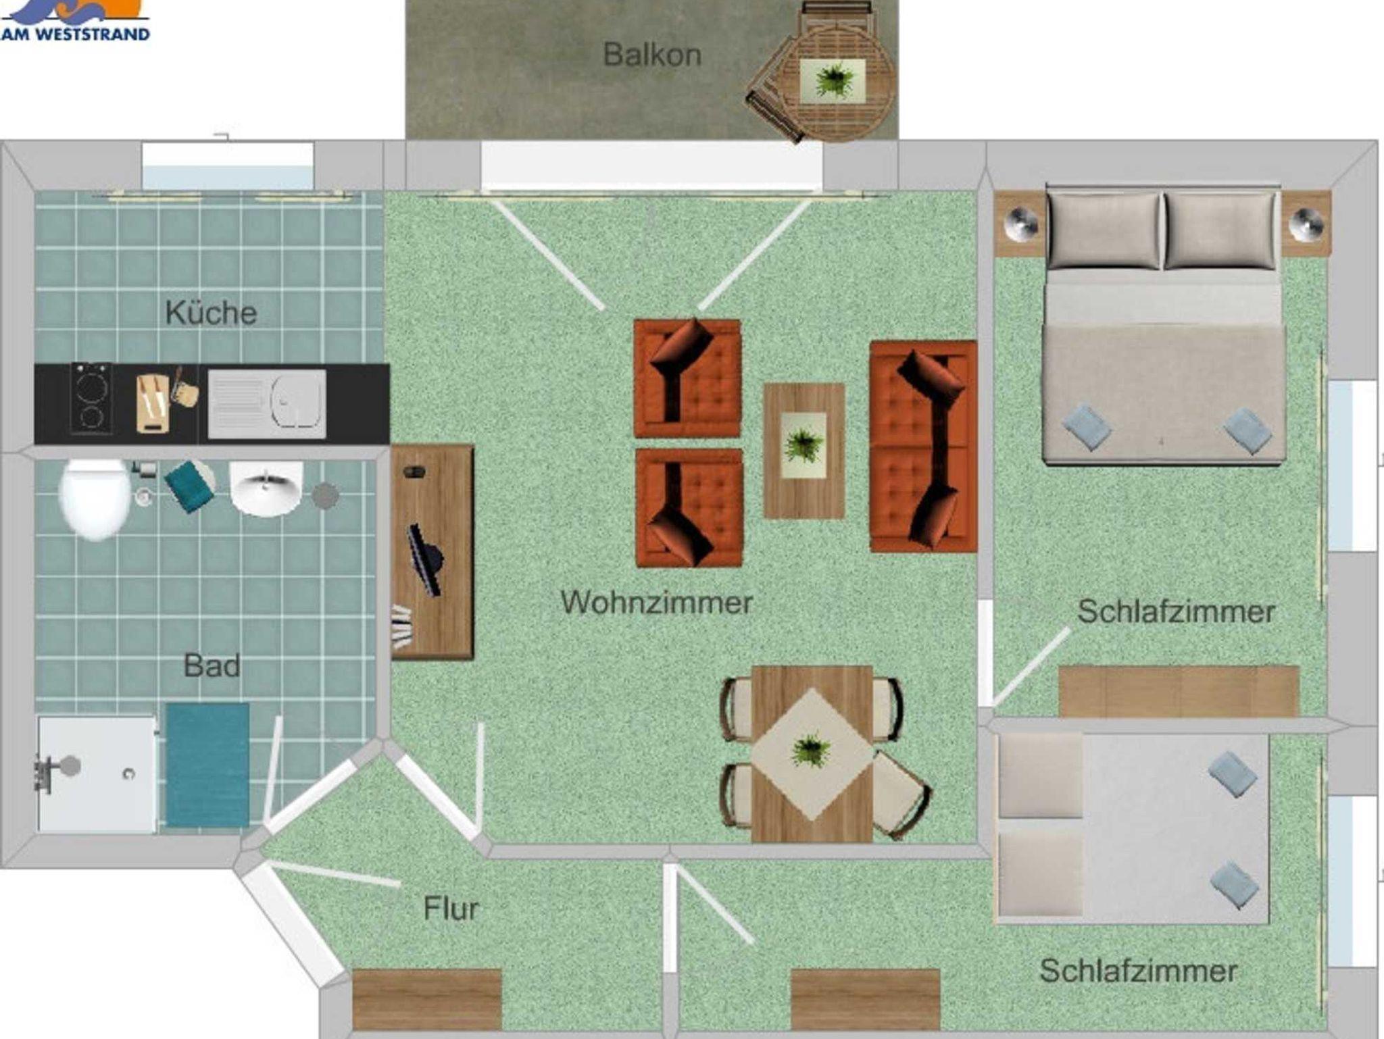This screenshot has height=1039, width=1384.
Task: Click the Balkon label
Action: pos(651,55)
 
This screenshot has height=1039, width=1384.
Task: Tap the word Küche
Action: pos(211,313)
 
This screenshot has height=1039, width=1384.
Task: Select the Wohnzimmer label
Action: pos(656,602)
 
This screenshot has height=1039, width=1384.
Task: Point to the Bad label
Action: pos(212,666)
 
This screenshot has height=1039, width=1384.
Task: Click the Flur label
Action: pos(451,909)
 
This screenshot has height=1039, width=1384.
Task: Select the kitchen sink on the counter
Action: pos(267,404)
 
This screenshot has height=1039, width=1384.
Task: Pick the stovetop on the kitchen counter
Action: pos(91,398)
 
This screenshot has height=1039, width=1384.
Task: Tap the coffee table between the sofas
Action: pos(804,451)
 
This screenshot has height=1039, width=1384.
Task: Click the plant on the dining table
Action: pos(812,751)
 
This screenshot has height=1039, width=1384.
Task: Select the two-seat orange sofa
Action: pos(923,447)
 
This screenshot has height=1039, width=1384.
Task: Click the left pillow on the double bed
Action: pos(1104,230)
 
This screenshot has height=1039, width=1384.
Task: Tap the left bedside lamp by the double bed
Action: pos(1020,223)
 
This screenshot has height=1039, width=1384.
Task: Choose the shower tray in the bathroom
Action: pos(97,774)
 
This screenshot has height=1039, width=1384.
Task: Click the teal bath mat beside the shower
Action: pos(207,765)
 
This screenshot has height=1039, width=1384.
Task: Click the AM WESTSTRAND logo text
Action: pos(75,34)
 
